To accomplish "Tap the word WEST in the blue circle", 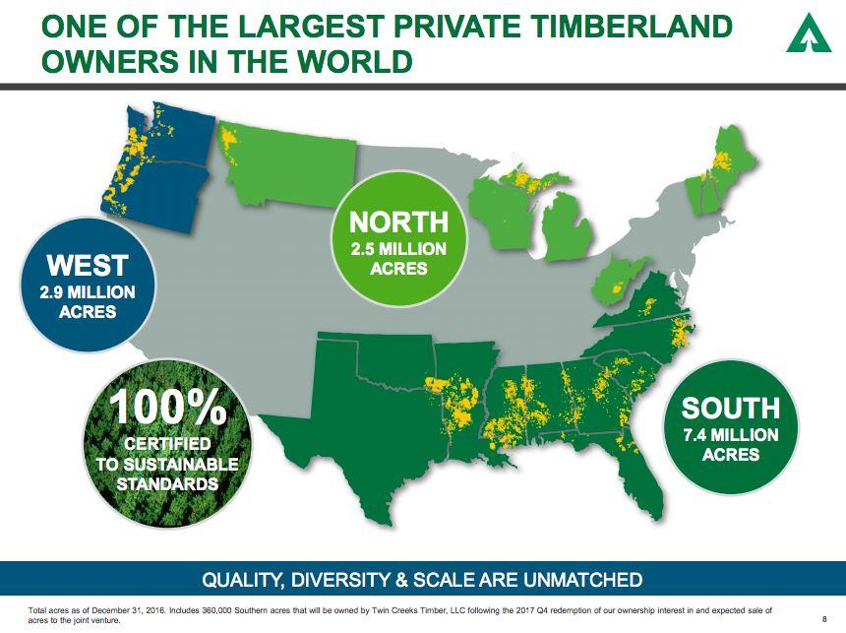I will (88, 265).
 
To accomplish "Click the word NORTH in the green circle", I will (398, 222).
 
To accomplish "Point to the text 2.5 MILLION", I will (398, 248).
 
